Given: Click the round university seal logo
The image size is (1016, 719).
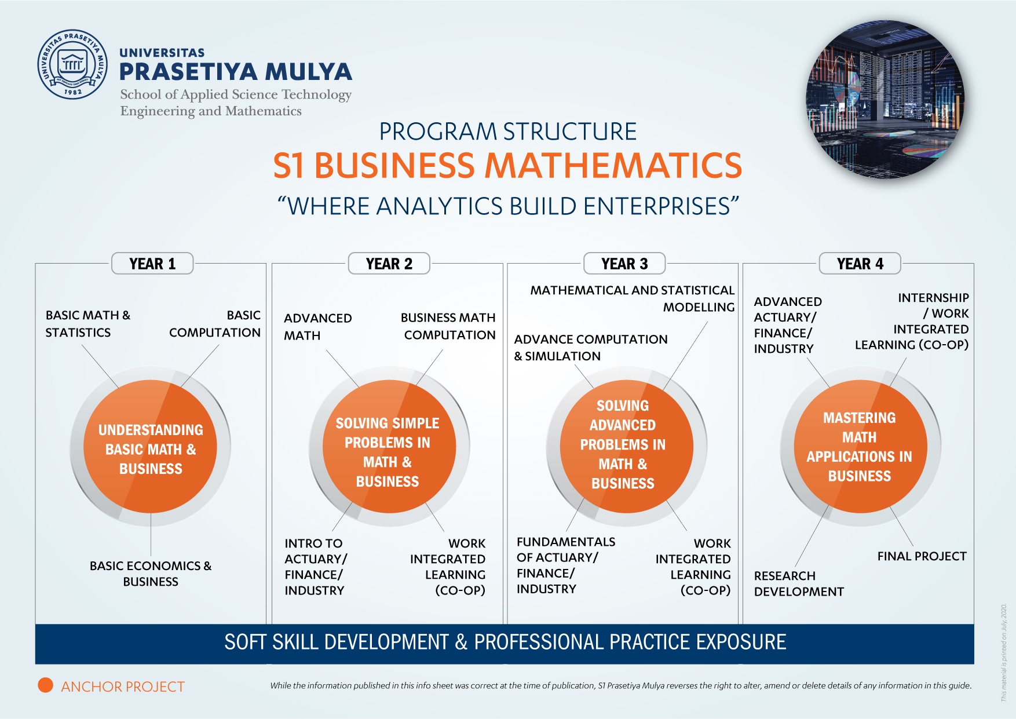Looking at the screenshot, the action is click(x=72, y=64).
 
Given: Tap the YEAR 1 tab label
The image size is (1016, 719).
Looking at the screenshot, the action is click(x=152, y=264).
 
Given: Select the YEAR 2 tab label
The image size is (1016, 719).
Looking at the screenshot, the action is click(x=389, y=264).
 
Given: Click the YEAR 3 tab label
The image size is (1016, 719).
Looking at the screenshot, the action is click(x=624, y=264).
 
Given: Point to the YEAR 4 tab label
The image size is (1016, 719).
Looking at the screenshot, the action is click(x=860, y=264).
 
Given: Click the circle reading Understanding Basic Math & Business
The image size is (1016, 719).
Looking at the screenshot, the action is click(x=151, y=447).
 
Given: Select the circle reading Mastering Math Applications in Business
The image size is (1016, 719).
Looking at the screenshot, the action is click(x=860, y=447).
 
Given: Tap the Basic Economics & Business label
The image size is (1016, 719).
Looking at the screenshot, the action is click(x=151, y=574).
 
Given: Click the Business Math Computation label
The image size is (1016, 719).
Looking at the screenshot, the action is click(x=448, y=326).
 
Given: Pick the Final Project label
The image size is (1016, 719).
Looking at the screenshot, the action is click(x=922, y=556).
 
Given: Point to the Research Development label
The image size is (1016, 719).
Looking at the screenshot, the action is click(x=799, y=583).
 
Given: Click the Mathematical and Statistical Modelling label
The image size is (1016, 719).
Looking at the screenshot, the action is click(x=632, y=298).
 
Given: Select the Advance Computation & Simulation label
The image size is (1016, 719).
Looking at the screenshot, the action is click(x=591, y=348).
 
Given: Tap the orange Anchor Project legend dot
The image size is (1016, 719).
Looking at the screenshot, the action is click(x=45, y=685).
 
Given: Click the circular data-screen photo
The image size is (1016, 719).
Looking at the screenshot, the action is click(x=885, y=100).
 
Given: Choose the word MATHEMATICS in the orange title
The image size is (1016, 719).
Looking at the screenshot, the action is click(x=613, y=165).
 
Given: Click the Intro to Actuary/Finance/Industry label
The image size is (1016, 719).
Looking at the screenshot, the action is click(x=316, y=567).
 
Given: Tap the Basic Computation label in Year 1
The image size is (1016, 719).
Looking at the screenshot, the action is click(x=214, y=324).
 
